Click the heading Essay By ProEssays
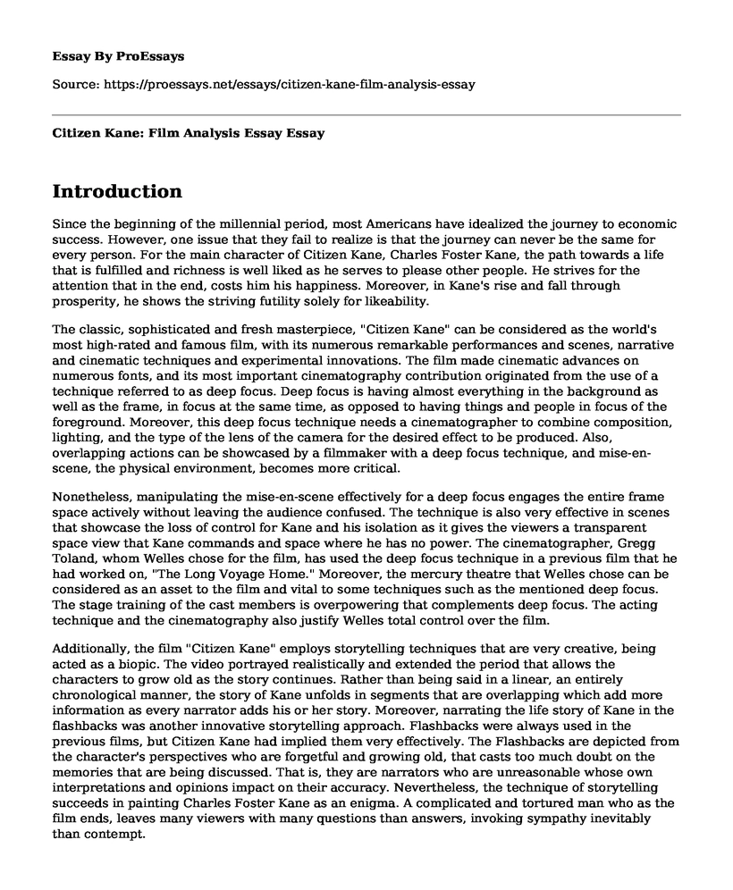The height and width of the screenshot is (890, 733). tap(117, 55)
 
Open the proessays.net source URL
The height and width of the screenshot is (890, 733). tap(298, 85)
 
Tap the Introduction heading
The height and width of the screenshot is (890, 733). tap(117, 191)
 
